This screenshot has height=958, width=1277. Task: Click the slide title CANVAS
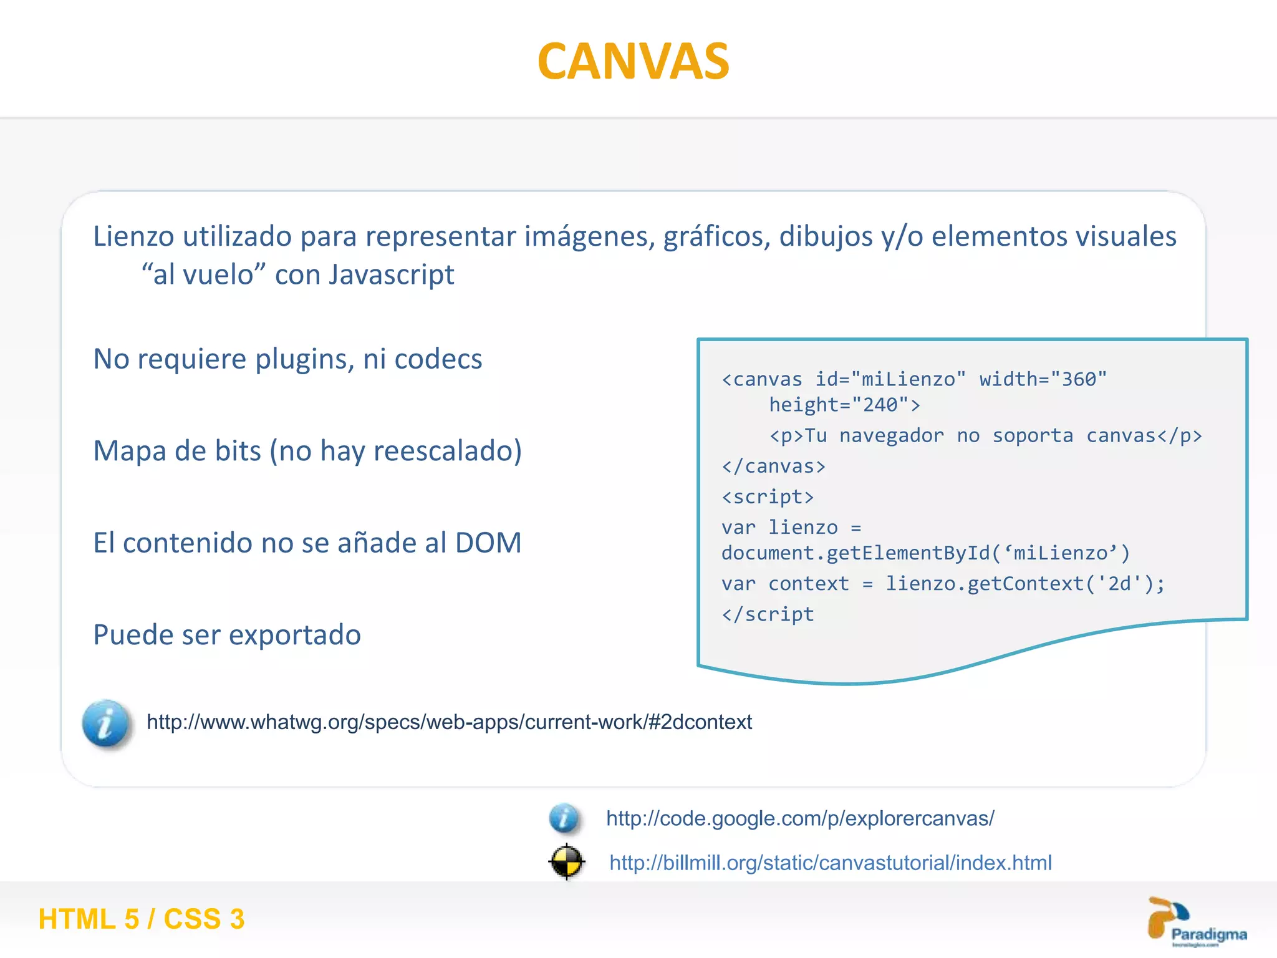tap(633, 61)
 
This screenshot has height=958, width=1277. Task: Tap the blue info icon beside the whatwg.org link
tap(106, 723)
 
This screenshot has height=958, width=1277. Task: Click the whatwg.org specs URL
tap(449, 722)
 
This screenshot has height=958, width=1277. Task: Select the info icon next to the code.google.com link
tap(564, 818)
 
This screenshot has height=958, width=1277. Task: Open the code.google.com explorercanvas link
tap(800, 818)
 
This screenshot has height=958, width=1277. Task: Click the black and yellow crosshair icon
tap(566, 862)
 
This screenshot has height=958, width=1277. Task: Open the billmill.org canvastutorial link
tap(831, 863)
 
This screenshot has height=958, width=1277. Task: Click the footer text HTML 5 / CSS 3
tap(142, 919)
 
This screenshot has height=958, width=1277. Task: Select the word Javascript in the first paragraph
tap(392, 275)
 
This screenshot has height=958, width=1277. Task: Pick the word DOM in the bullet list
tap(488, 543)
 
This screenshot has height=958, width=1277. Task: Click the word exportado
tap(295, 635)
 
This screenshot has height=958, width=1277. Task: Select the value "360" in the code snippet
tap(1079, 379)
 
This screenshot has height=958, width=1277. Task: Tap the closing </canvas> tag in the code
tap(773, 467)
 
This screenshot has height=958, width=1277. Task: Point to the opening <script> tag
tap(768, 497)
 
